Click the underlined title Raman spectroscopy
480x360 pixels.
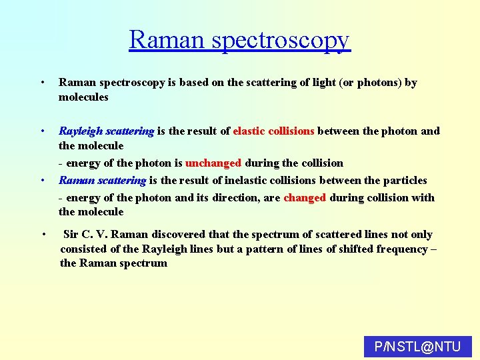coord(239,39)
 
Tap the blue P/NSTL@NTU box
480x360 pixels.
coord(417,347)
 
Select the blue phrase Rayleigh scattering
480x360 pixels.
coord(107,131)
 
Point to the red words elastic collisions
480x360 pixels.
coord(273,131)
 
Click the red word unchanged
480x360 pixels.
coord(213,163)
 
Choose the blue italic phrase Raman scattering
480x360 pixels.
coord(102,180)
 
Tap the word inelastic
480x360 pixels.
coord(250,180)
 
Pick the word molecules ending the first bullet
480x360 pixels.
coord(83,97)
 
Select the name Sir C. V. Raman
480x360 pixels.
coord(105,234)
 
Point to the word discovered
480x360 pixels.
coord(180,234)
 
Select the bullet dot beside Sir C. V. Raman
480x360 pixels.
coord(43,234)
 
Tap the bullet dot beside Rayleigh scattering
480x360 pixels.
coord(42,131)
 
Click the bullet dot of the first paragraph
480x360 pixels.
coord(42,83)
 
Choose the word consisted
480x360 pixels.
coord(84,249)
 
